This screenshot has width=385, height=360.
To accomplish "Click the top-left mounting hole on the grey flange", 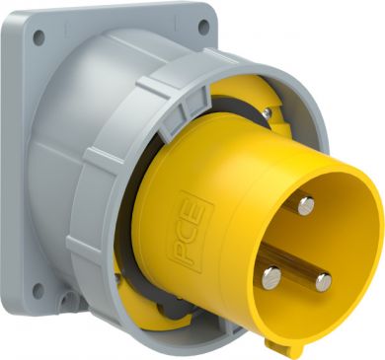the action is pyautogui.click(x=38, y=37).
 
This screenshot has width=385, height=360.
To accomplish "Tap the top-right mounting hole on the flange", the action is pyautogui.click(x=203, y=26).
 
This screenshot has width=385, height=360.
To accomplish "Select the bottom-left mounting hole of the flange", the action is pyautogui.click(x=38, y=291).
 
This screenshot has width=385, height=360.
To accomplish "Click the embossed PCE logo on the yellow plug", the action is pyautogui.click(x=191, y=231).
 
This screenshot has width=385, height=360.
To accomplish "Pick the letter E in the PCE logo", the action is pyautogui.click(x=195, y=208).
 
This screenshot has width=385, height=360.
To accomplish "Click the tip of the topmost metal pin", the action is pyautogui.click(x=306, y=206).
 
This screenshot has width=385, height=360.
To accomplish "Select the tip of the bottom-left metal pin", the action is pyautogui.click(x=271, y=278).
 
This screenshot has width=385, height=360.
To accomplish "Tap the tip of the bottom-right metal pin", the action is pyautogui.click(x=324, y=282).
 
